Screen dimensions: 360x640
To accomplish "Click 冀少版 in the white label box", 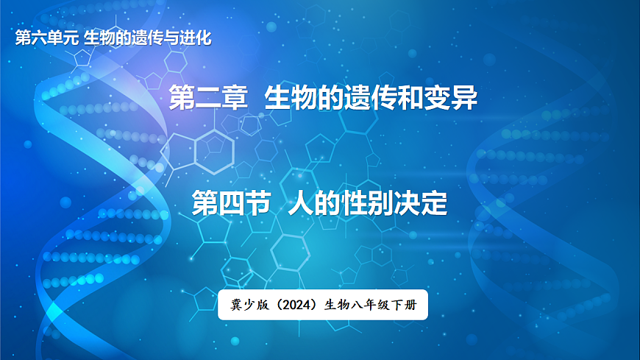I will [x=248, y=306].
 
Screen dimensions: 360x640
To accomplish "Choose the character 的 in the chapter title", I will [x=331, y=98].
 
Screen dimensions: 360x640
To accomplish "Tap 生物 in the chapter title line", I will [x=291, y=98].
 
